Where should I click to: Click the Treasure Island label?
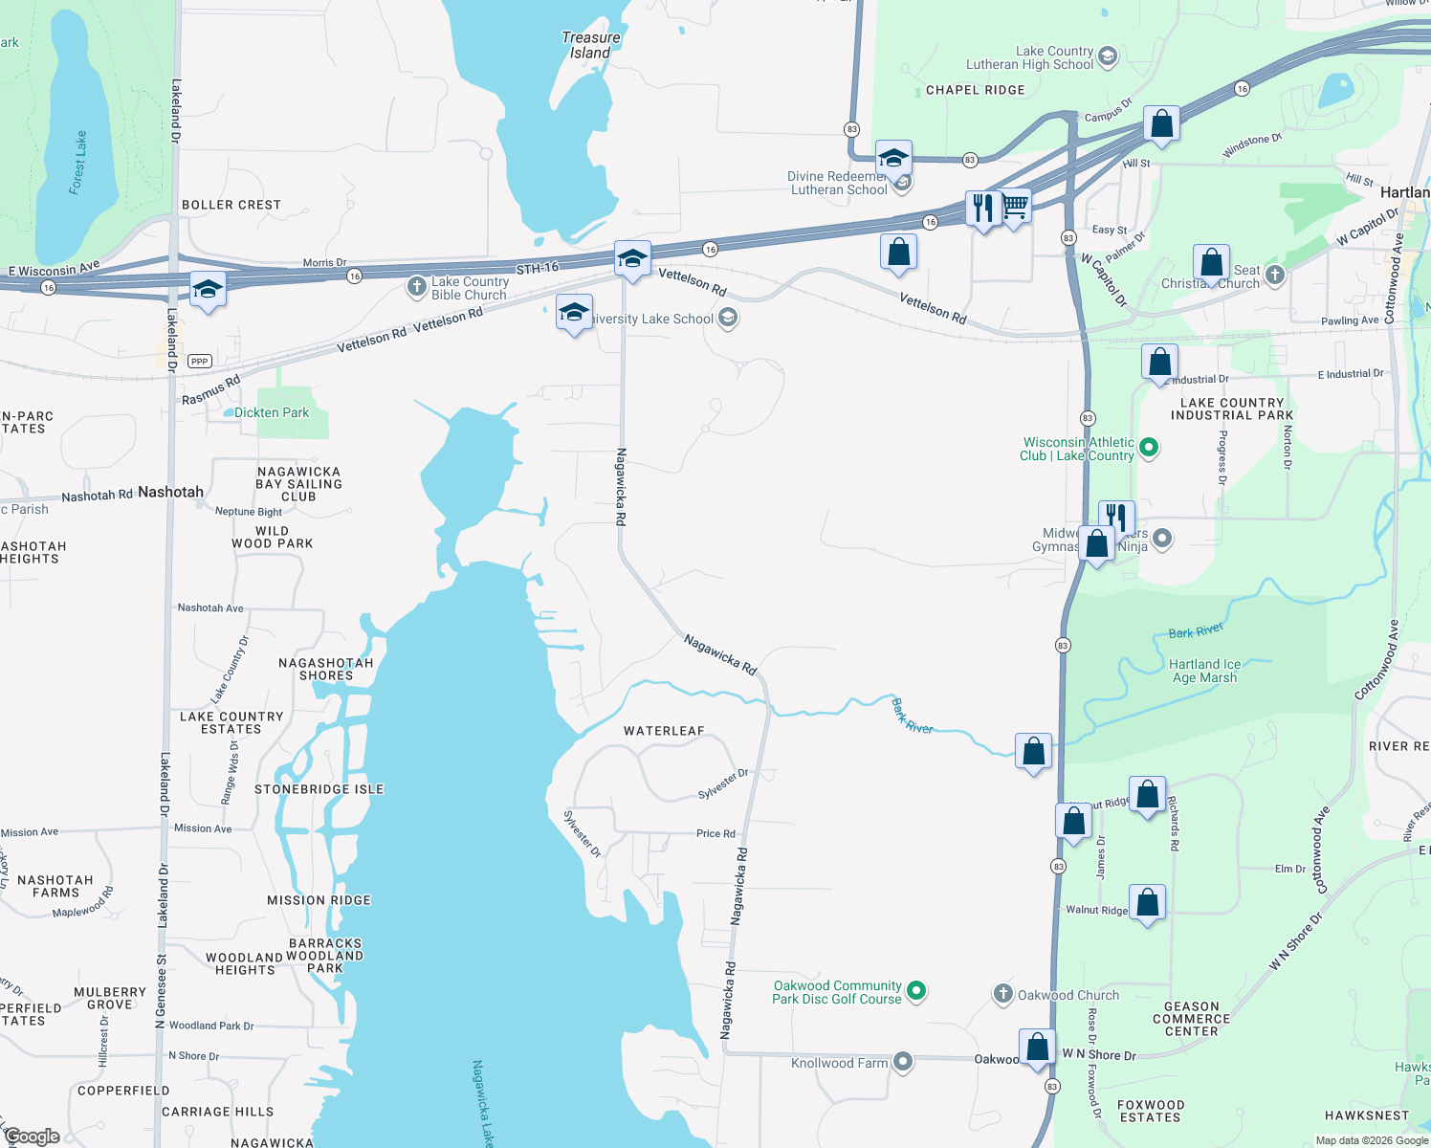(590, 45)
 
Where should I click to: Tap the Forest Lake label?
(78, 163)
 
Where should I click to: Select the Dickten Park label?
(272, 412)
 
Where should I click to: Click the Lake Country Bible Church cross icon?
(416, 286)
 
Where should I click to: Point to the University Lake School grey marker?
(728, 319)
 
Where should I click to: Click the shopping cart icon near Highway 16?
(1015, 205)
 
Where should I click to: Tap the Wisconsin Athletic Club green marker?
(1150, 447)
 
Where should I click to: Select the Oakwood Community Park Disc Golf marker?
(916, 991)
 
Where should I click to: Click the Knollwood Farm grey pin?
(903, 1062)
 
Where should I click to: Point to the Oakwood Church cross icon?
(1002, 994)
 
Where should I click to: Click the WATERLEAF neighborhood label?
(664, 731)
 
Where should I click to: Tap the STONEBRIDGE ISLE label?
(319, 789)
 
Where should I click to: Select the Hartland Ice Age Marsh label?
(1204, 671)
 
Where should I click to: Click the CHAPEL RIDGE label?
(975, 90)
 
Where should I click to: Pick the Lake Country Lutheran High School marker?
(1108, 56)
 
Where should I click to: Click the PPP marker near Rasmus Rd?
(199, 361)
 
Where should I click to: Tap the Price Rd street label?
(715, 833)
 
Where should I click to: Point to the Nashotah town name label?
(170, 492)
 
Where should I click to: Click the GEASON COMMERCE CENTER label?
(1191, 1019)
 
